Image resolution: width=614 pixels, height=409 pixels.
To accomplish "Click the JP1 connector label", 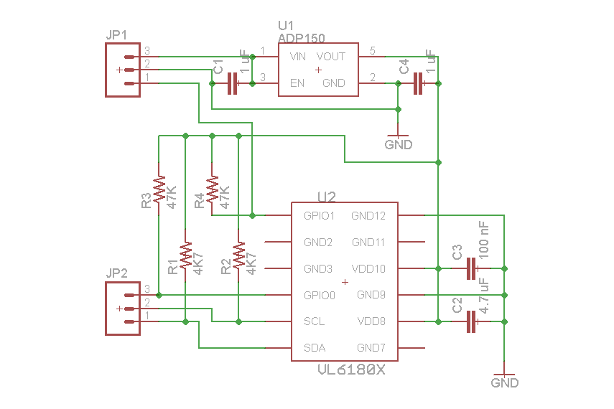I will (116, 36).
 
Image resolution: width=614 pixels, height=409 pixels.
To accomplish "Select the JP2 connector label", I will (116, 273).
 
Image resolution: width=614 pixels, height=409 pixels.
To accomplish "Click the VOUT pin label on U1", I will (331, 56).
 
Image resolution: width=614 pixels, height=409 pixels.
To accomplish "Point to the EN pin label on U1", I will (297, 83).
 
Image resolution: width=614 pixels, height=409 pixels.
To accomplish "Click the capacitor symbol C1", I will (232, 84).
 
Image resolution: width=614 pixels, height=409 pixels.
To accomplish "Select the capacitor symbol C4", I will (418, 84).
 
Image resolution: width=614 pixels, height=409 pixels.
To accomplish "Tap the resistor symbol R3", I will (159, 188).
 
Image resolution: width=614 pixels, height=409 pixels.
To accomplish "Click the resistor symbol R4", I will (212, 189).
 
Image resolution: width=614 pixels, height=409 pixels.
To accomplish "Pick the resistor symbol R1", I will (185, 256).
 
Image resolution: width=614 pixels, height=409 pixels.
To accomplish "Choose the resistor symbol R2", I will (239, 256).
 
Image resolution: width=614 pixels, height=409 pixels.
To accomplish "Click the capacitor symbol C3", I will (471, 269).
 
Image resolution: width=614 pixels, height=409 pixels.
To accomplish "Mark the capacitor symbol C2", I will (471, 321).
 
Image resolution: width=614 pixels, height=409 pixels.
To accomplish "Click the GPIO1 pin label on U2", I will (320, 215).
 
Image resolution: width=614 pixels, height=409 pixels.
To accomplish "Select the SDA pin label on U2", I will (315, 348).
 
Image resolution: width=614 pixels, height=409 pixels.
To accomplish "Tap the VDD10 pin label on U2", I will (368, 268).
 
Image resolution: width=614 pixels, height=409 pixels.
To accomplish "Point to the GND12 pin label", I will (368, 215).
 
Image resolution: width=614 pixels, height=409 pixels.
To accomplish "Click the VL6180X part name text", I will (351, 371).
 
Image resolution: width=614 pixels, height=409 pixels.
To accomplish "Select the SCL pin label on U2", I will (315, 321).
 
